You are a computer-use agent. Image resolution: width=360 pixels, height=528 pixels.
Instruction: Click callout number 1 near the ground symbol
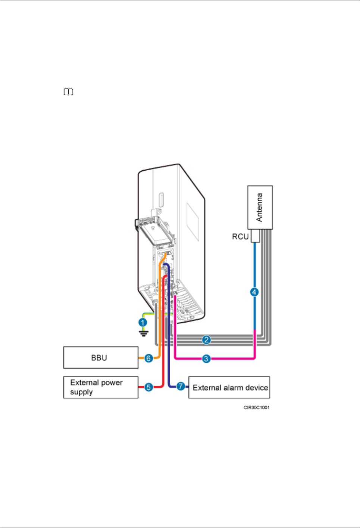tap(143, 322)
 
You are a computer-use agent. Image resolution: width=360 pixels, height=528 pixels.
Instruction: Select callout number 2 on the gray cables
tap(206, 340)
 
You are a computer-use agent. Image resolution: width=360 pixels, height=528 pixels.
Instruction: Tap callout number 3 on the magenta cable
tap(206, 359)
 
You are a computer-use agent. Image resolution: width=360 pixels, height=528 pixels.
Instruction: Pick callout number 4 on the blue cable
tap(254, 292)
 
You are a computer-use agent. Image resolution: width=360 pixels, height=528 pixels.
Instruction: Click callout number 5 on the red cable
tap(148, 387)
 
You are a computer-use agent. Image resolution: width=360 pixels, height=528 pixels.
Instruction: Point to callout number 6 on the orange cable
tap(148, 358)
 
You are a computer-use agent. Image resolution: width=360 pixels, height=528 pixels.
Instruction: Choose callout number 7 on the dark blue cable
tap(181, 386)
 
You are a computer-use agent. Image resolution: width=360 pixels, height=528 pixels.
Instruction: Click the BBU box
tap(101, 357)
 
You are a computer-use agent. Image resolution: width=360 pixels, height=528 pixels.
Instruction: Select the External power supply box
tap(101, 387)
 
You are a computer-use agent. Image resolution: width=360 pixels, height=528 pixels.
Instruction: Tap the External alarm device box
tap(229, 387)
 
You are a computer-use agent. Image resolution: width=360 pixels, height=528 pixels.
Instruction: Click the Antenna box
tap(260, 207)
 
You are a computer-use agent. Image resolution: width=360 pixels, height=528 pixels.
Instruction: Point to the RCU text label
tap(240, 237)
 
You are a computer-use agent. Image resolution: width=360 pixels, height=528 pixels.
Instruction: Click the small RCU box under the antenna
tap(255, 236)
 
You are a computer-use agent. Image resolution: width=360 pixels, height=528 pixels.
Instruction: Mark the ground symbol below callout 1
tap(143, 333)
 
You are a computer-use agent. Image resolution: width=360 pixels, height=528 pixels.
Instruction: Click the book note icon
tap(69, 92)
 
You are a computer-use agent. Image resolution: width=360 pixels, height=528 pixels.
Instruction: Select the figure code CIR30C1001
tap(256, 407)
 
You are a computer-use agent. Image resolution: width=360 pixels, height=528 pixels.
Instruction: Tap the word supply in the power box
tap(81, 392)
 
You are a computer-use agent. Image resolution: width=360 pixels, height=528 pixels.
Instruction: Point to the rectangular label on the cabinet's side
tap(194, 222)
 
